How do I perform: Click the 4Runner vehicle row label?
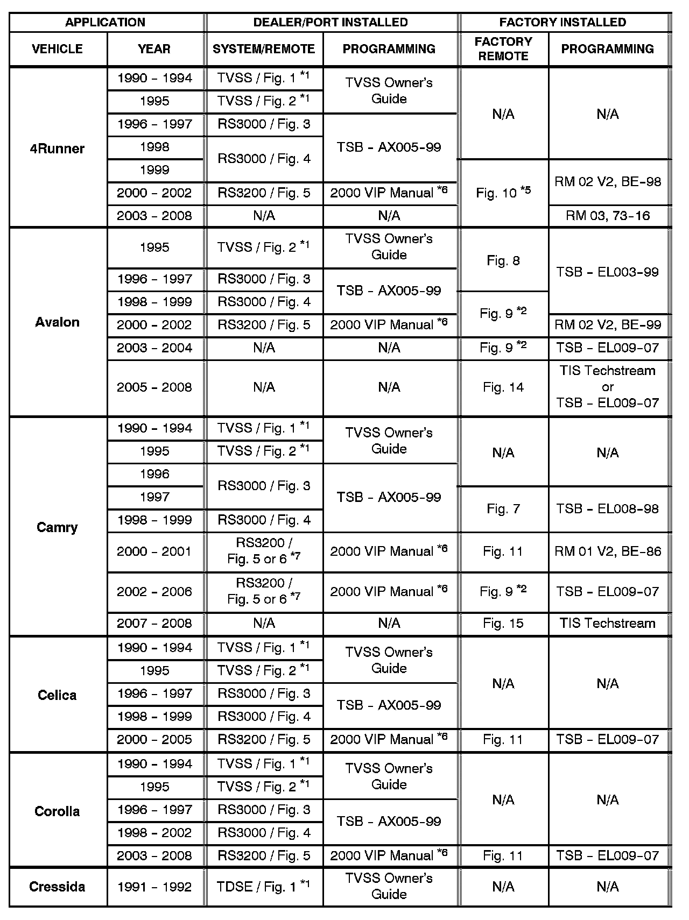pos(57,148)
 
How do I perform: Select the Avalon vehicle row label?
pos(57,322)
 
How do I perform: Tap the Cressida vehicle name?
pos(57,886)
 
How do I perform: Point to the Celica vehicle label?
pos(57,695)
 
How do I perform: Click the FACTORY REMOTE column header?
pos(503,48)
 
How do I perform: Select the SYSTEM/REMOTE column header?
pos(264,49)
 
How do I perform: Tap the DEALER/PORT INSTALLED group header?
pos(331,22)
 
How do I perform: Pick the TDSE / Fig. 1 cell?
pos(264,886)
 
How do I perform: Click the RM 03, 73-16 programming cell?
pos(608,216)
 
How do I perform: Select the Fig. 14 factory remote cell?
pos(503,387)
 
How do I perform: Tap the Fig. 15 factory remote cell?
pos(503,623)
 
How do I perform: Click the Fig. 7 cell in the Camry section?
pos(503,509)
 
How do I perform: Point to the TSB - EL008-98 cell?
pos(608,509)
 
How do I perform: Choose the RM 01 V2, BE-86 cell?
pos(608,551)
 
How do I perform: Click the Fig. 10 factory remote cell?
pos(503,193)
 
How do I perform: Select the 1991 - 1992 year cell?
pos(154,886)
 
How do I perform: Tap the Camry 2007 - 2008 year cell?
pos(154,623)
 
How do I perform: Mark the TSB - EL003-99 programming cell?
pos(608,272)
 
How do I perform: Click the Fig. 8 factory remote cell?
pos(503,261)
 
